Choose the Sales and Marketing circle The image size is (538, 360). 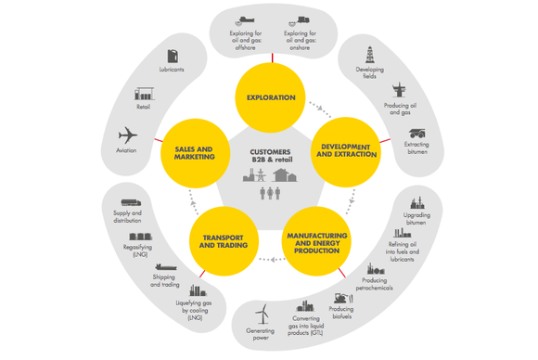click(x=194, y=151)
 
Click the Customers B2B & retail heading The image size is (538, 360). click(x=270, y=155)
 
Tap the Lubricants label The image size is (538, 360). click(x=172, y=70)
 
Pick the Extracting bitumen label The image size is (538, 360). click(x=417, y=148)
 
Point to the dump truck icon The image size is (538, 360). click(x=416, y=129)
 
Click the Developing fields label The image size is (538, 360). click(x=369, y=73)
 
